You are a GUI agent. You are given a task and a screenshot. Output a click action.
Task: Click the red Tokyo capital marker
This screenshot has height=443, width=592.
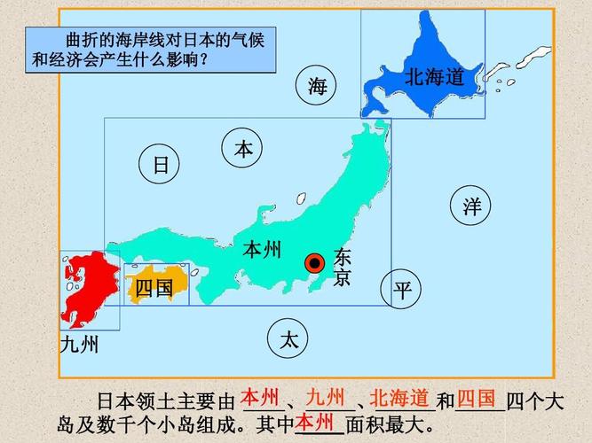click(314, 263)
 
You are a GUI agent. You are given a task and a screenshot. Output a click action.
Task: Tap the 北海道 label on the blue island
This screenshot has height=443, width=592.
click(435, 77)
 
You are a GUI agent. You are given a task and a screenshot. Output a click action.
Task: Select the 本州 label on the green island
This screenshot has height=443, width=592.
click(262, 250)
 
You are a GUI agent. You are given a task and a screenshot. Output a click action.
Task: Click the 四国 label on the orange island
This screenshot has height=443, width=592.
click(154, 288)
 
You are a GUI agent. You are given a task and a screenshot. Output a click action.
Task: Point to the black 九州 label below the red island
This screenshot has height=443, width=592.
click(80, 345)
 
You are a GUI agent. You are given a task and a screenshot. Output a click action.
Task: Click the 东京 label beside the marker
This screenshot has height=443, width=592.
click(342, 268)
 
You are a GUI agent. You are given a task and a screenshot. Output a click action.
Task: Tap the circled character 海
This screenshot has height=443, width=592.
click(318, 85)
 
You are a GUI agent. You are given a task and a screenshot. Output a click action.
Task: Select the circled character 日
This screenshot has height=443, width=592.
click(160, 165)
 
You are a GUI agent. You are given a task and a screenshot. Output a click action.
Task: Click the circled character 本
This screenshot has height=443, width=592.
click(243, 150)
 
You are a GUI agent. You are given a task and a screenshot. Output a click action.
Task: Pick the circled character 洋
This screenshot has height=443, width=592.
click(471, 206)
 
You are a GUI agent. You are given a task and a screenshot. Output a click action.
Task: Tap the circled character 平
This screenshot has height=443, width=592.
click(402, 290)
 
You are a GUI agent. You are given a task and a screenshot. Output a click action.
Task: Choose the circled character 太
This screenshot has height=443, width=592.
click(288, 339)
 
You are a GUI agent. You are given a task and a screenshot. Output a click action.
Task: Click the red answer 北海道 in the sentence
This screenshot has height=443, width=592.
click(399, 396)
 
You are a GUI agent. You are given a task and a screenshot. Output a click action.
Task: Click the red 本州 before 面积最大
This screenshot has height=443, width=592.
click(317, 420)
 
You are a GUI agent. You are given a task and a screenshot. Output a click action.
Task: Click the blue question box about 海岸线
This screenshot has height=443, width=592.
click(151, 50)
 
